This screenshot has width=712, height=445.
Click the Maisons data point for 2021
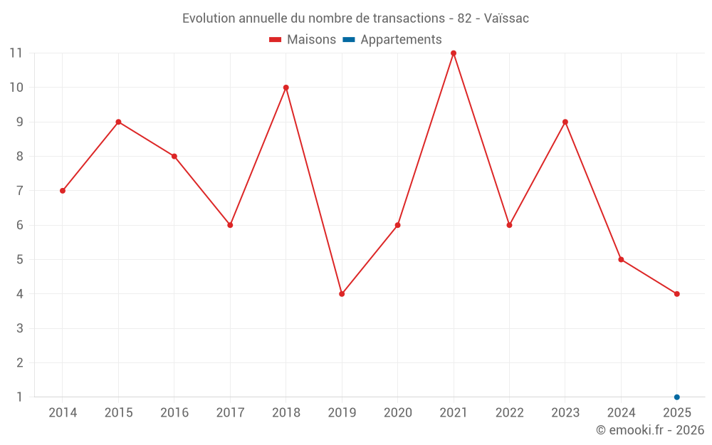tap(453, 53)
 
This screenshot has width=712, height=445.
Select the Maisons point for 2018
tap(286, 88)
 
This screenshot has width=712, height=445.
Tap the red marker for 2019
tap(342, 294)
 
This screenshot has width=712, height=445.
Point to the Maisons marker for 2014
tap(63, 191)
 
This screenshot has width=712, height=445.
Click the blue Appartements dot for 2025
tap(676, 397)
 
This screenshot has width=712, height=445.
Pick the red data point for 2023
tap(565, 122)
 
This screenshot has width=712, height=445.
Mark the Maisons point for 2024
tap(621, 260)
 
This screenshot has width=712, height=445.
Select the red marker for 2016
tap(174, 156)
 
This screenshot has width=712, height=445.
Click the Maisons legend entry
tap(303, 39)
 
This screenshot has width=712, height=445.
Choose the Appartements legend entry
tap(392, 39)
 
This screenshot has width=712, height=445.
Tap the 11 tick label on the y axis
tap(16, 53)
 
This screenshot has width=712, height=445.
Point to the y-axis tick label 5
tap(19, 260)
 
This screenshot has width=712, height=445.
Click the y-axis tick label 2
tap(19, 363)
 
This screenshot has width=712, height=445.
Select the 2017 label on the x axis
tap(230, 412)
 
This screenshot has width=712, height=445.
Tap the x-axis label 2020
tap(398, 412)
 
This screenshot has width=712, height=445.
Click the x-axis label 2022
tap(510, 412)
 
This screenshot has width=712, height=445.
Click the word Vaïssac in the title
tap(506, 19)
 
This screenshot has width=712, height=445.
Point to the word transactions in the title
tap(409, 19)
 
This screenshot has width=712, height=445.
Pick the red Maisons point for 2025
tap(676, 294)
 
